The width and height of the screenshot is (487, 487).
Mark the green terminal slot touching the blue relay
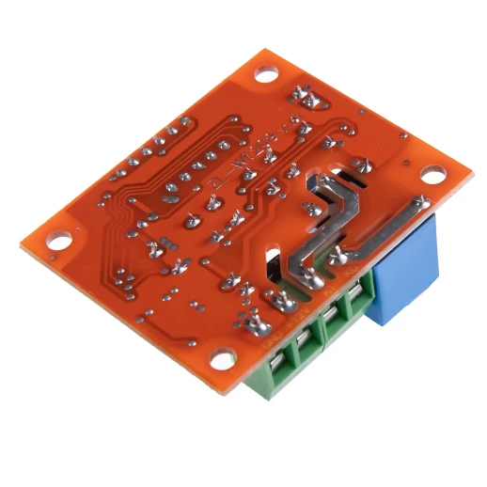pyautogui.click(x=359, y=306)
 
